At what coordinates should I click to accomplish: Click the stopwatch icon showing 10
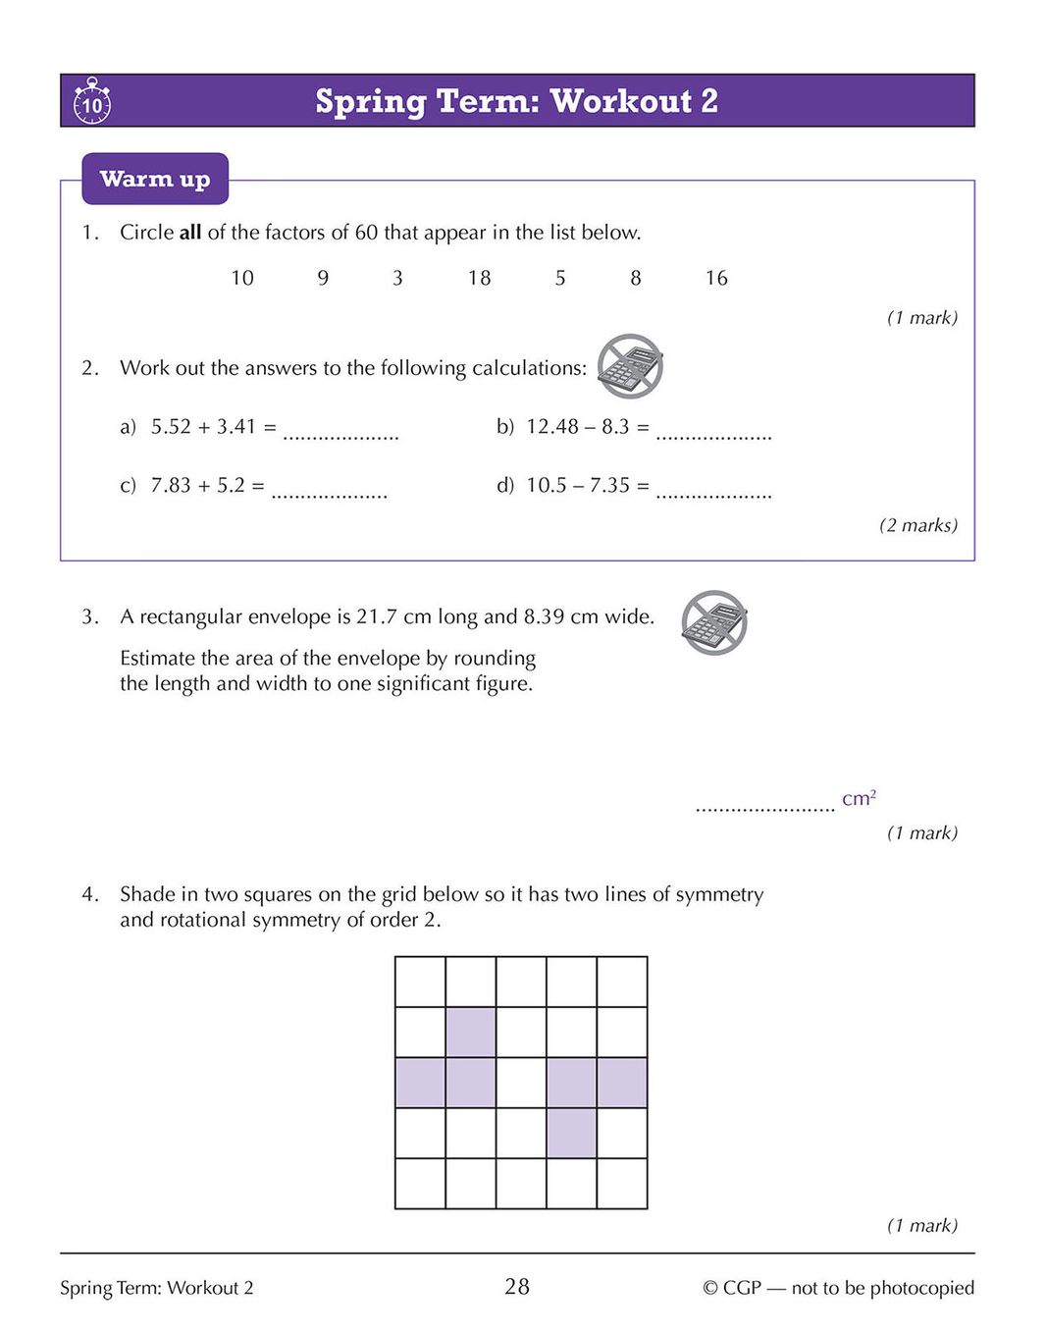coord(91,101)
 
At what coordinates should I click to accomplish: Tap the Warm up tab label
coord(155,179)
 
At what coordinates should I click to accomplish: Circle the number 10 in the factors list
coord(242,278)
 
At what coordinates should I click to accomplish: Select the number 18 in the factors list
coord(479,278)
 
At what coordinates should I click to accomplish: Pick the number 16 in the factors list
coord(716,278)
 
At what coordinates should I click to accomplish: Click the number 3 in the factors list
coord(397,278)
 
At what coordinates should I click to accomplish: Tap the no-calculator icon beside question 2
coord(631,366)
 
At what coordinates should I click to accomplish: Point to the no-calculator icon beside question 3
coord(714,622)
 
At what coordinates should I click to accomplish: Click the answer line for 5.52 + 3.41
coord(340,432)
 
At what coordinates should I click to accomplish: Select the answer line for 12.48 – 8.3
coord(713,432)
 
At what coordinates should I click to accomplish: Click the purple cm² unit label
coord(859,798)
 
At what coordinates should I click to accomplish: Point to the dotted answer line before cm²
coord(764,805)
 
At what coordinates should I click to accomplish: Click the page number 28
coord(517,1286)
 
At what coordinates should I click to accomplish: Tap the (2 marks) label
coord(917,525)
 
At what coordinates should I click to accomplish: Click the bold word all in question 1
coord(190,233)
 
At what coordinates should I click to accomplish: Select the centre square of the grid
coord(521,1083)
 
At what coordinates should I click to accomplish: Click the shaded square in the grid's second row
coord(471,1033)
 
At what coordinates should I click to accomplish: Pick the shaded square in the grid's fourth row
coord(571,1133)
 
